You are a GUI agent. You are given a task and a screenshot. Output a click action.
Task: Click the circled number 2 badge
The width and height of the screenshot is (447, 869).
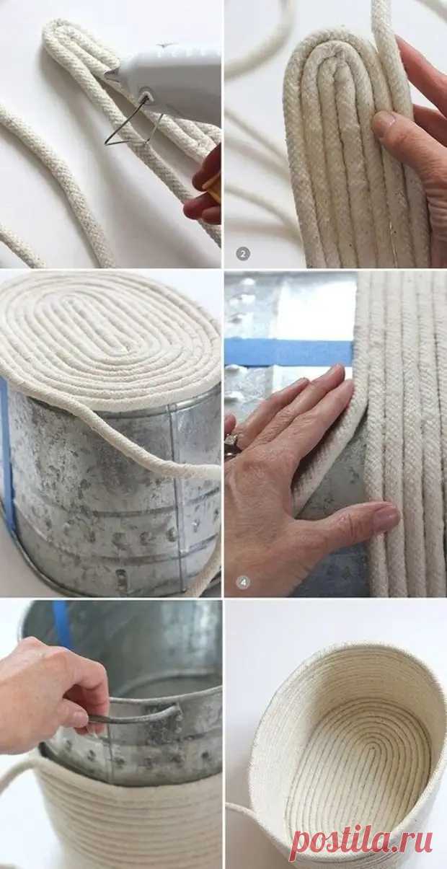click(243, 254)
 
